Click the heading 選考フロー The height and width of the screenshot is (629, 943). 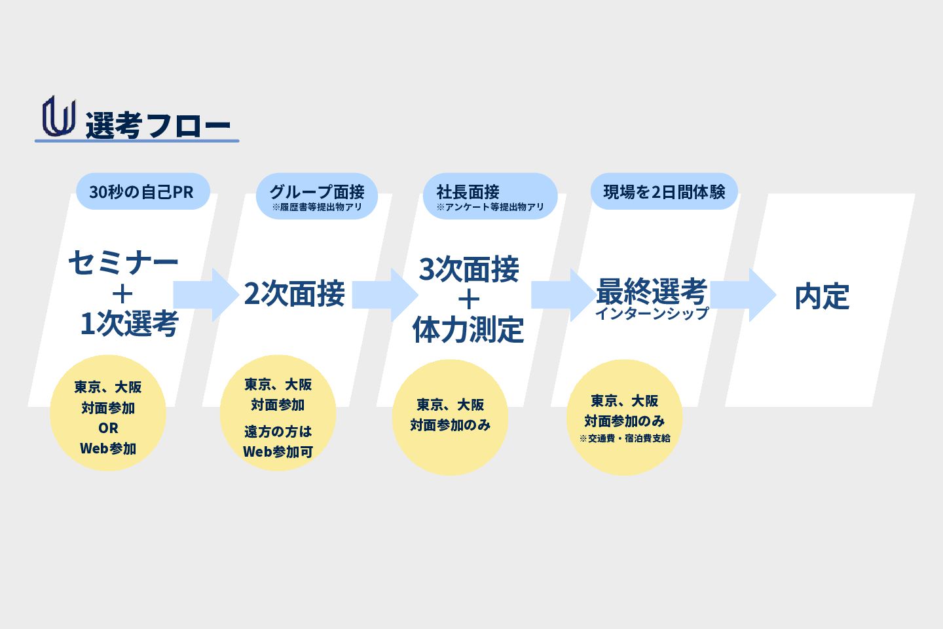158,125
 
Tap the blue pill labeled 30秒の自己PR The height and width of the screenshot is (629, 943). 142,192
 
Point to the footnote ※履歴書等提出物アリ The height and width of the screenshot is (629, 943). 317,207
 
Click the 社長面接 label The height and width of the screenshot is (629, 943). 468,191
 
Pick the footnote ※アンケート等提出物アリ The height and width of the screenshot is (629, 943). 490,207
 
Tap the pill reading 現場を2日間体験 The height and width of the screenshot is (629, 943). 664,192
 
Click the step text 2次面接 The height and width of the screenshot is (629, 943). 294,294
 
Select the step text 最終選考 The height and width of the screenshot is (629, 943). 651,290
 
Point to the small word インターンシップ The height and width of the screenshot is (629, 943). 652,313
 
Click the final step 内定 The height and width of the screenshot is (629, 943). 822,296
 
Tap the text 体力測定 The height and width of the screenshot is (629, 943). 468,329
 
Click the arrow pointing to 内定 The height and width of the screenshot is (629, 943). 743,295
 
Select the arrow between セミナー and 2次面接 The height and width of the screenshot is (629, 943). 206,295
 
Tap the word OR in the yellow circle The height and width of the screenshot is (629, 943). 108,428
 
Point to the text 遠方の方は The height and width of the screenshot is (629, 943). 278,431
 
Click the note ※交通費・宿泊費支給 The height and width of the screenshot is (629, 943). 625,438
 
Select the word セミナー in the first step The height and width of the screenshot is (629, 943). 123,262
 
